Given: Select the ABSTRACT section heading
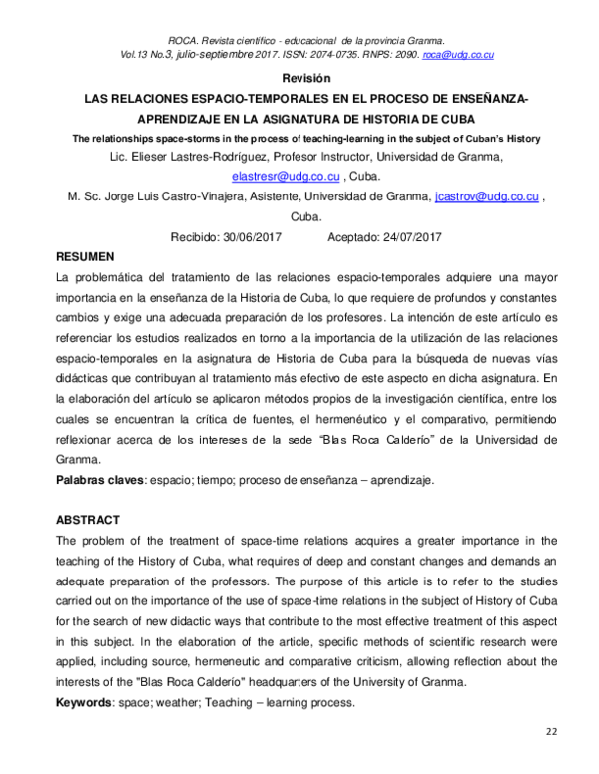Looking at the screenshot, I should pos(88,520).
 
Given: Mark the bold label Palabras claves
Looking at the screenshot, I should pos(99,480).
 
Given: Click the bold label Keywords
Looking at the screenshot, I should pos(86,703).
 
